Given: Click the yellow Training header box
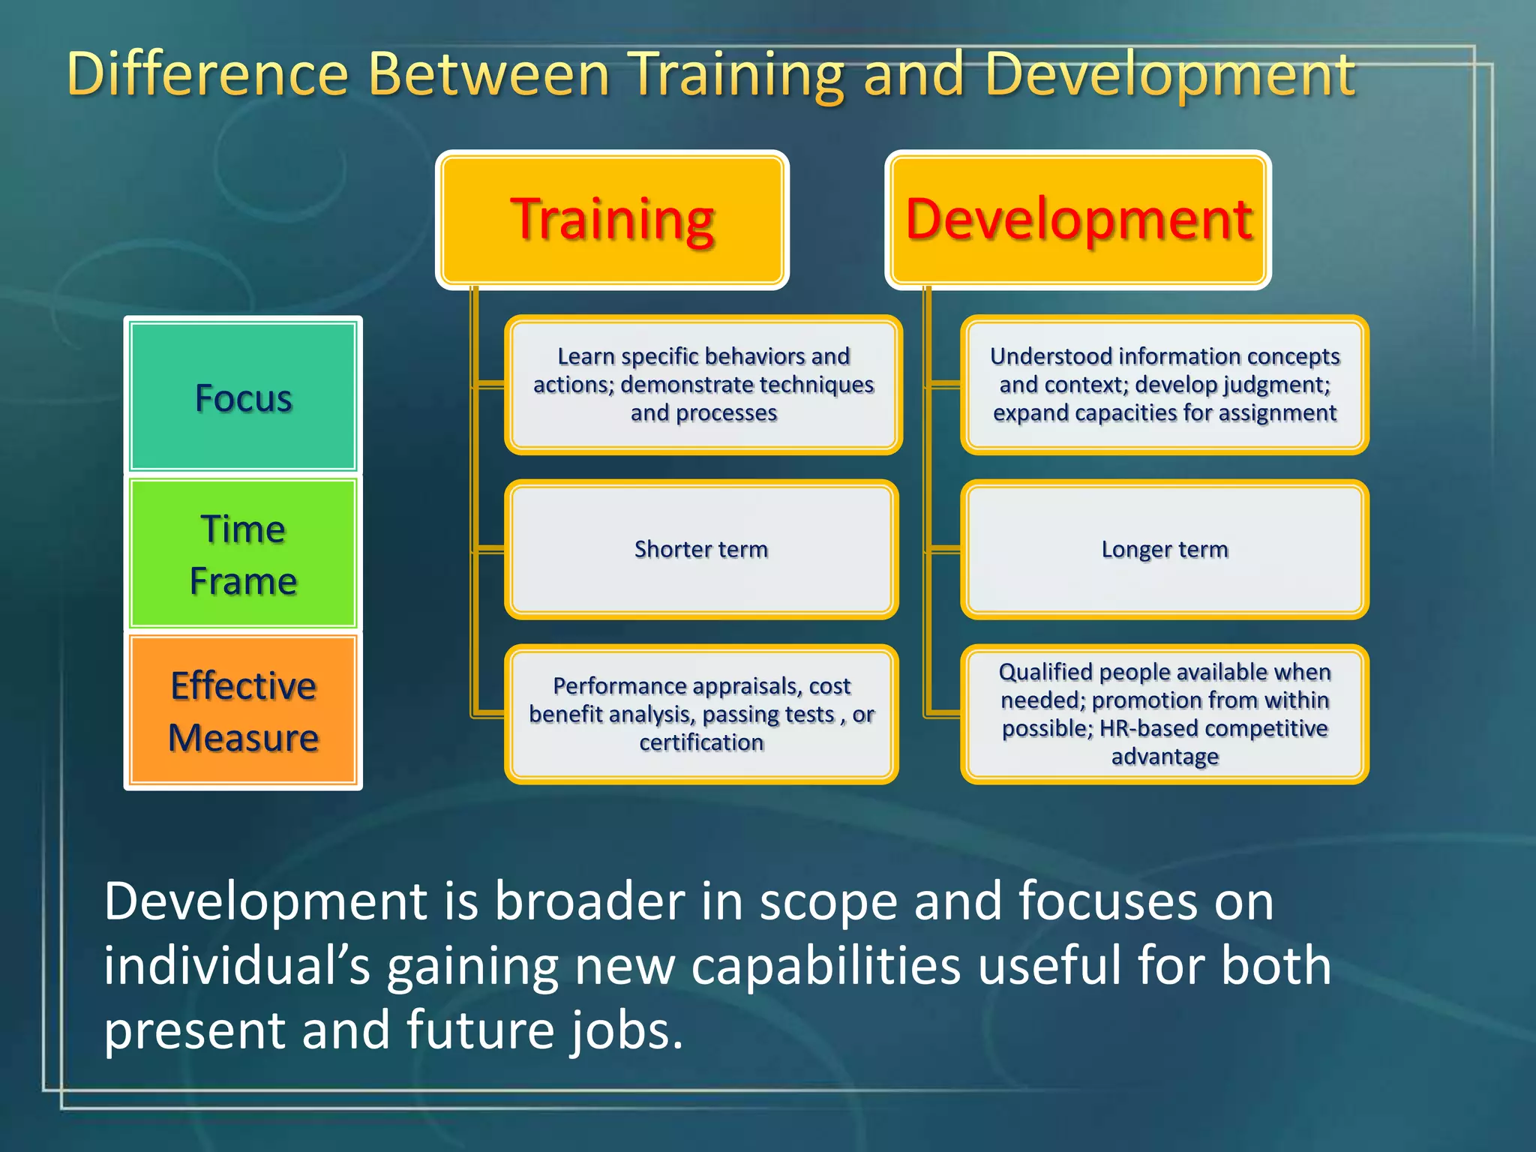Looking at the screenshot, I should coord(611,220).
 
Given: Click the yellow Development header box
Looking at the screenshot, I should coord(1078,220).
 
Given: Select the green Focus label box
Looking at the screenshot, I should coord(243,397).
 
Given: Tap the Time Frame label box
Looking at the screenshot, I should coord(243,554).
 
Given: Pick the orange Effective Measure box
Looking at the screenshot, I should coord(243,711).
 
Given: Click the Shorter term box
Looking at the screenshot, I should coord(701,549).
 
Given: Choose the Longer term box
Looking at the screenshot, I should coord(1164,549).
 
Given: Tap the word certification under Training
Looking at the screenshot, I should coord(701,742).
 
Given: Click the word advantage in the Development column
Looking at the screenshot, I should coord(1164,757).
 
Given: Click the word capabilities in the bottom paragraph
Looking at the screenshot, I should coord(825,965).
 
